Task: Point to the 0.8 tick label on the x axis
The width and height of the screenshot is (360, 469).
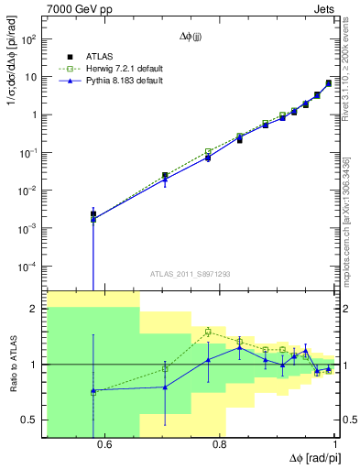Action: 220,445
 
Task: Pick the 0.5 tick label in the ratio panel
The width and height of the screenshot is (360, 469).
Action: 32,420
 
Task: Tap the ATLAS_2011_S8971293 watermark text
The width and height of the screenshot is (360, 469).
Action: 191,274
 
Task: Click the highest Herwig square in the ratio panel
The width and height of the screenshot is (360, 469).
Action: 209,332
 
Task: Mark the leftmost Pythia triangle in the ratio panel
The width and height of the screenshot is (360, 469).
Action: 93,391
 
